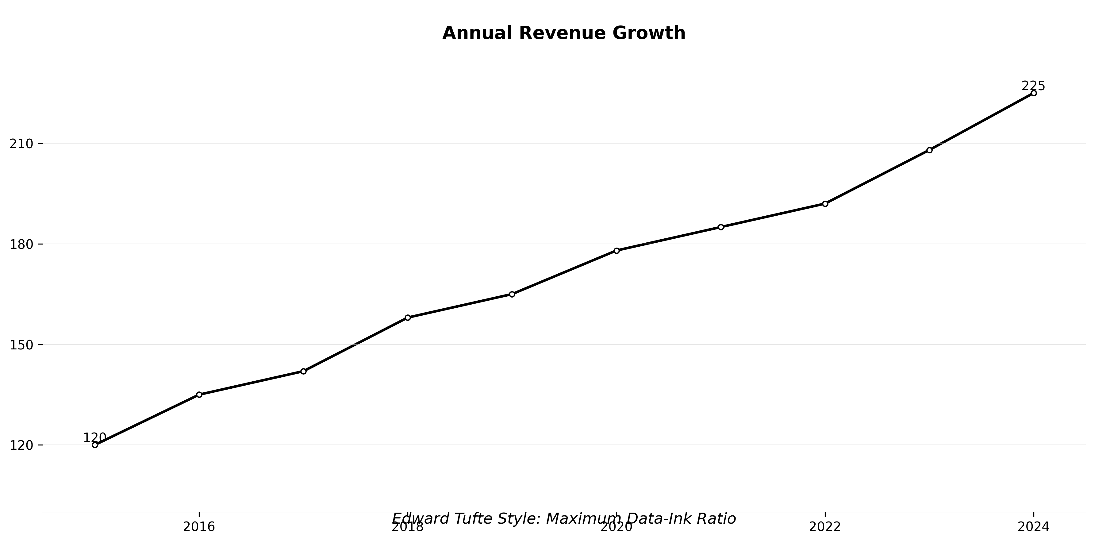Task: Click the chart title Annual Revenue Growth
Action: click(x=564, y=33)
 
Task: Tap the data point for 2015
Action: click(x=95, y=445)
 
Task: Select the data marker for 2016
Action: click(x=199, y=395)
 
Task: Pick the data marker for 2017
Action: click(x=303, y=371)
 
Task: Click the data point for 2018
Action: click(x=408, y=318)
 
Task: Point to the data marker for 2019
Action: click(x=512, y=294)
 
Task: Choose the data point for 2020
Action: click(x=617, y=250)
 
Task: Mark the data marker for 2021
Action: click(x=721, y=227)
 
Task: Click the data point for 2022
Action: click(x=825, y=204)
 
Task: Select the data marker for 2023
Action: click(x=930, y=150)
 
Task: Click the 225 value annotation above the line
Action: click(x=1033, y=86)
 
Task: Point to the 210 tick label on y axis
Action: click(x=21, y=144)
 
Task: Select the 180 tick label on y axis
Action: click(x=21, y=245)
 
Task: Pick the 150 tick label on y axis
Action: click(x=21, y=345)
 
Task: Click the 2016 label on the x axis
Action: click(x=199, y=527)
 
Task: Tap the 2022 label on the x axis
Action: click(x=825, y=527)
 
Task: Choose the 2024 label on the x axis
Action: click(x=1033, y=527)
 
